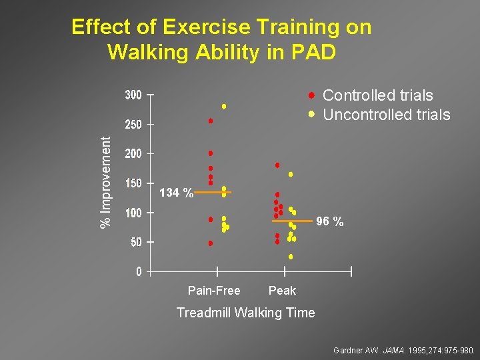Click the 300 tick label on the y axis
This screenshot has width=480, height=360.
[133, 95]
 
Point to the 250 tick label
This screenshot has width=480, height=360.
[133, 125]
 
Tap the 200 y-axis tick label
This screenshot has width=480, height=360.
[133, 154]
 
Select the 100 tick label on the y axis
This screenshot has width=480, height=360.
[133, 213]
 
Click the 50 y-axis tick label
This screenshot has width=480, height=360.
[135, 242]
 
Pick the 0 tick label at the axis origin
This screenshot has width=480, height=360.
[139, 271]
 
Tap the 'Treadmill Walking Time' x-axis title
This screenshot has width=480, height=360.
[245, 313]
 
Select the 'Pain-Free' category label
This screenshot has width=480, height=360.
[214, 291]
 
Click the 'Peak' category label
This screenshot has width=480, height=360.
[282, 291]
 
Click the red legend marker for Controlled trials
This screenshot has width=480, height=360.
[311, 95]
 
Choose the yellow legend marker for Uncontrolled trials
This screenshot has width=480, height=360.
[311, 114]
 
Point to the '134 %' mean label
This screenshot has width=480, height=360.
[177, 193]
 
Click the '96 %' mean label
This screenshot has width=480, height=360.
[330, 221]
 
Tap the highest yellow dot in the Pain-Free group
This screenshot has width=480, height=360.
[224, 106]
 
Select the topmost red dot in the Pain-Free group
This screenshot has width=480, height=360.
[211, 121]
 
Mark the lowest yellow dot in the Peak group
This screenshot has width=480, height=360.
[291, 257]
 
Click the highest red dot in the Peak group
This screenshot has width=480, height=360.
[277, 165]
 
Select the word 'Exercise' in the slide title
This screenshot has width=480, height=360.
[209, 27]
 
